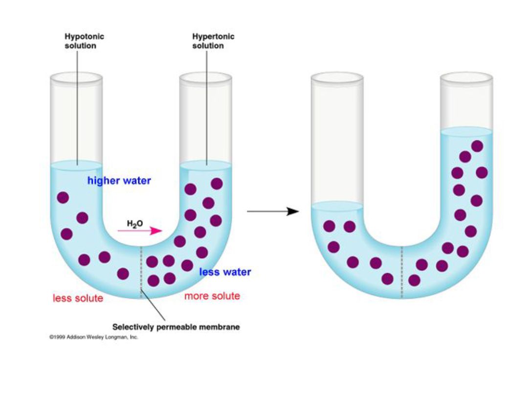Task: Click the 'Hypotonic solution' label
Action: (x=84, y=41)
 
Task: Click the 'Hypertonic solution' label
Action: (x=213, y=41)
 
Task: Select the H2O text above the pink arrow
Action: (x=134, y=224)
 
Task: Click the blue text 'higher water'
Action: (x=119, y=181)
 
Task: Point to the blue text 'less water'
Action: (x=225, y=272)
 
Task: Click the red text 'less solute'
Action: (x=78, y=298)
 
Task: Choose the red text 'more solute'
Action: (x=212, y=296)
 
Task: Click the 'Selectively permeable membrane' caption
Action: (x=176, y=327)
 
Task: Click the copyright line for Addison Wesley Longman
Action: (x=93, y=337)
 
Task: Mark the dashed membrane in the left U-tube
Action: (x=141, y=271)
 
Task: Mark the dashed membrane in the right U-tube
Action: (x=402, y=271)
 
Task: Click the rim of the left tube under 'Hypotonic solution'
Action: (x=77, y=77)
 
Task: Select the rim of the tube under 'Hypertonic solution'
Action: (x=206, y=77)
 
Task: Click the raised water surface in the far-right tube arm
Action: (x=466, y=131)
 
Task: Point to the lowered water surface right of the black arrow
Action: (x=337, y=206)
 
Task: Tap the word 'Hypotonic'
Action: (x=84, y=37)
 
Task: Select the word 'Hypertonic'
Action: (x=213, y=37)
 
